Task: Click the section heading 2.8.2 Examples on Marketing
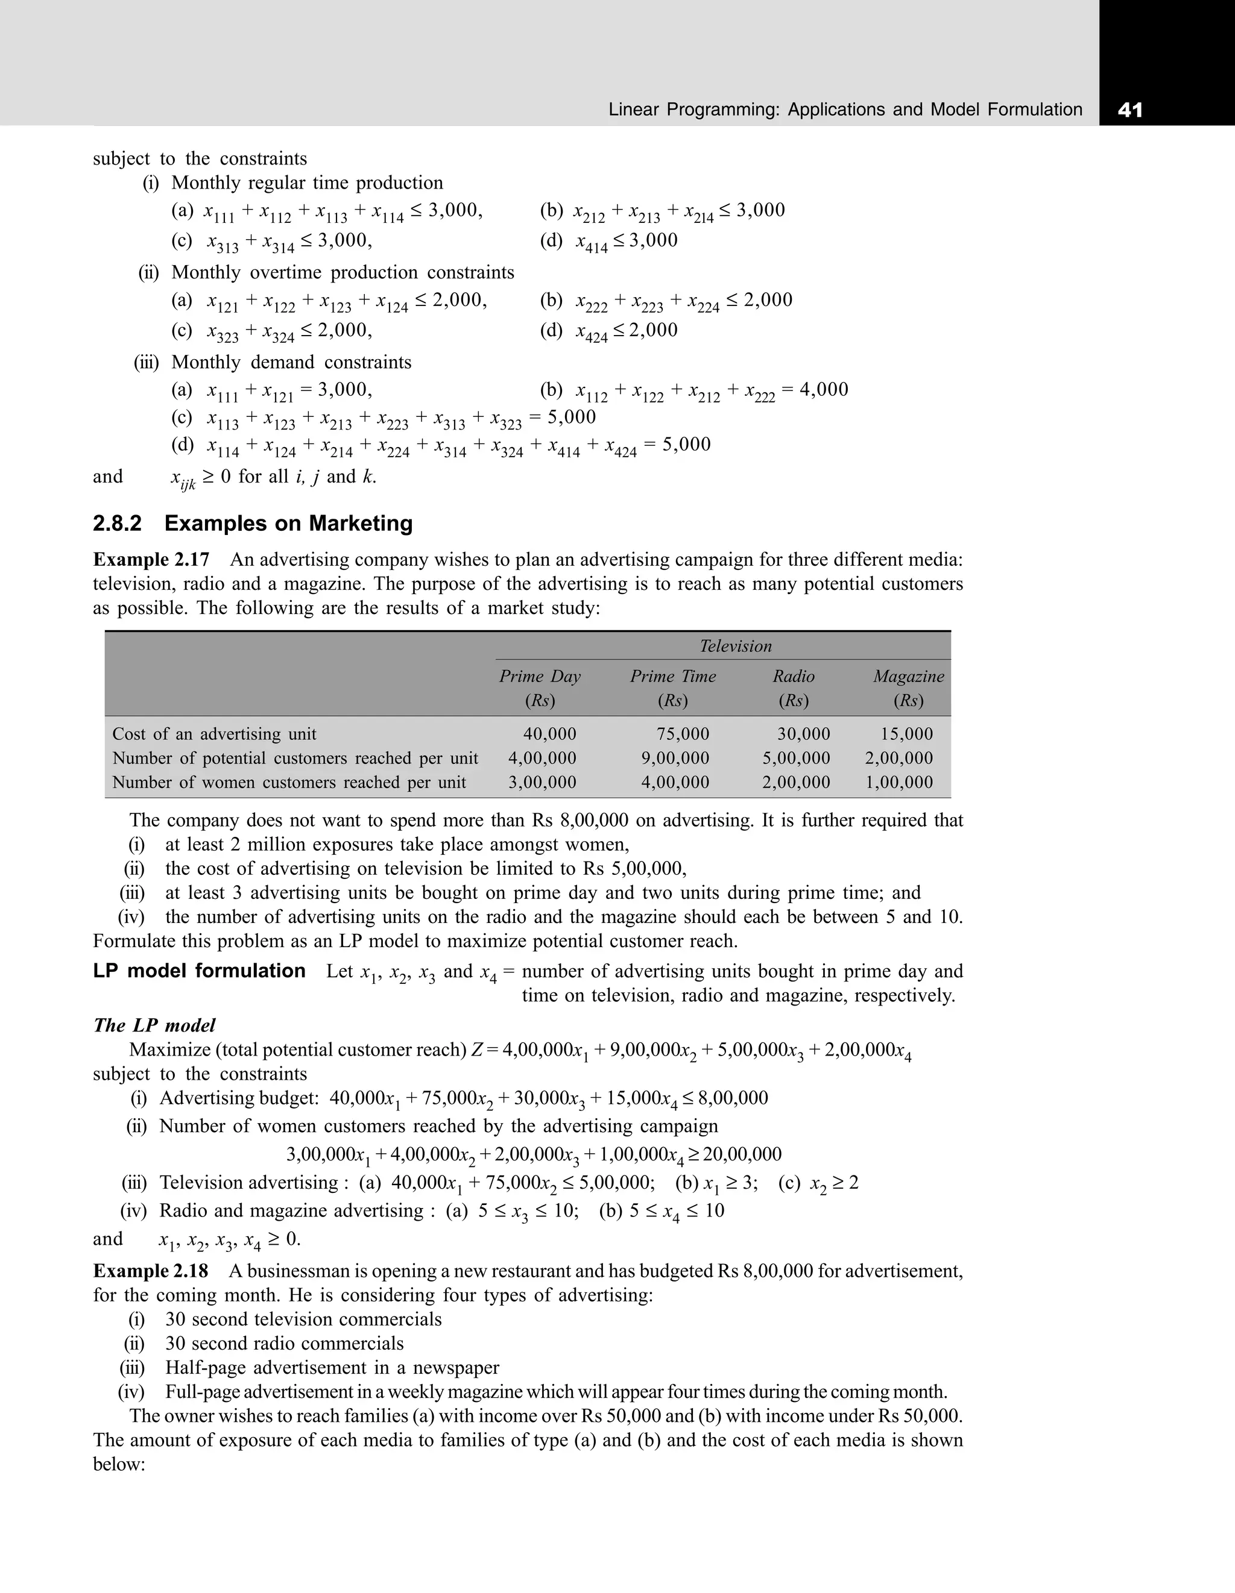click(x=253, y=523)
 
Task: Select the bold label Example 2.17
click(x=151, y=560)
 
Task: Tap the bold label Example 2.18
click(x=150, y=1271)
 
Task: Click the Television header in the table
click(x=735, y=646)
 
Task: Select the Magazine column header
click(x=908, y=676)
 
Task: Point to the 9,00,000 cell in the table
click(x=675, y=758)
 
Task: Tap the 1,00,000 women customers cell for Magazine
click(x=899, y=782)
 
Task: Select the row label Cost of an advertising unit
click(x=214, y=734)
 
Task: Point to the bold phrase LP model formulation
click(x=199, y=971)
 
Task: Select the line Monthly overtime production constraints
click(x=343, y=272)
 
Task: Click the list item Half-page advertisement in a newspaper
click(x=332, y=1367)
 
